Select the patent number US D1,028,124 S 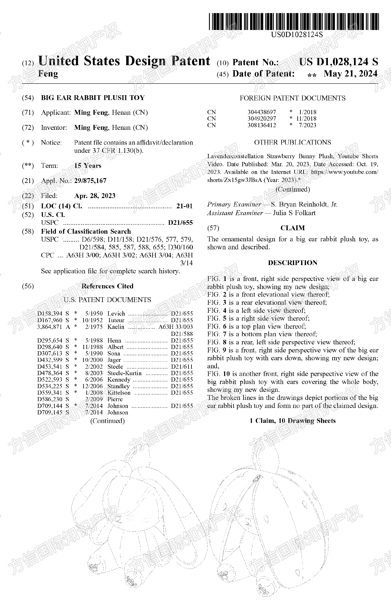pos(338,62)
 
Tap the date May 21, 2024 pos(350,74)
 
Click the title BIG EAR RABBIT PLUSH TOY pos(93,98)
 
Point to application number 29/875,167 pos(90,181)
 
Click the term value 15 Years pos(87,166)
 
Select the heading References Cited pos(107,286)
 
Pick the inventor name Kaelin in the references pos(116,327)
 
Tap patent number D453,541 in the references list pos(50,367)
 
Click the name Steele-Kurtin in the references pos(124,373)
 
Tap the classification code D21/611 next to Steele pos(182,367)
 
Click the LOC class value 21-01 pos(184,206)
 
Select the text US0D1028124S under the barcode pos(297,34)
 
